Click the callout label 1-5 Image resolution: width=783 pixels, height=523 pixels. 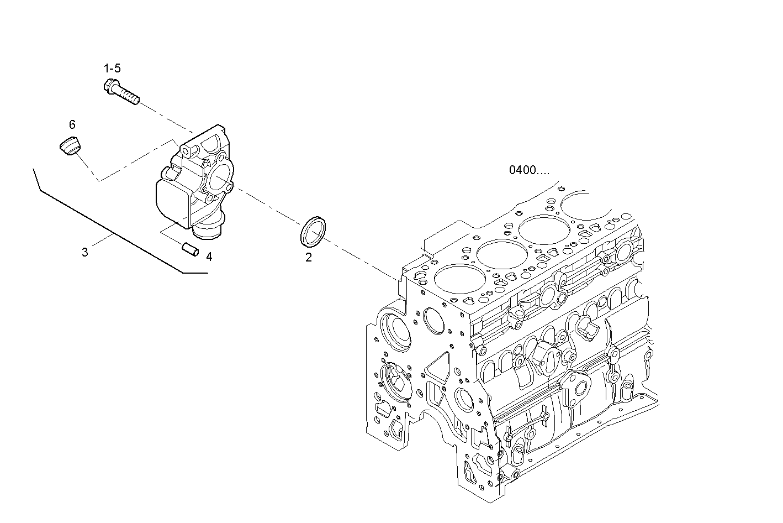click(112, 69)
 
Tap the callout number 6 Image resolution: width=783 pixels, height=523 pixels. click(72, 125)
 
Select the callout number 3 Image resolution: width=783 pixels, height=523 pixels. click(84, 253)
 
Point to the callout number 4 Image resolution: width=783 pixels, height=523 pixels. click(209, 257)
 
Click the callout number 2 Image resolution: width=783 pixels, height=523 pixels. click(308, 257)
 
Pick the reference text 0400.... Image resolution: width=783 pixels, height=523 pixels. click(528, 170)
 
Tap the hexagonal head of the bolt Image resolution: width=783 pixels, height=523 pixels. click(109, 86)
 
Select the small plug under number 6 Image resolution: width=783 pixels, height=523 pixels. click(70, 145)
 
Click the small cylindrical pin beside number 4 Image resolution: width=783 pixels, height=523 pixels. click(191, 249)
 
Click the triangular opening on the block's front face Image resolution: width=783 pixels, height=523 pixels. click(438, 367)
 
